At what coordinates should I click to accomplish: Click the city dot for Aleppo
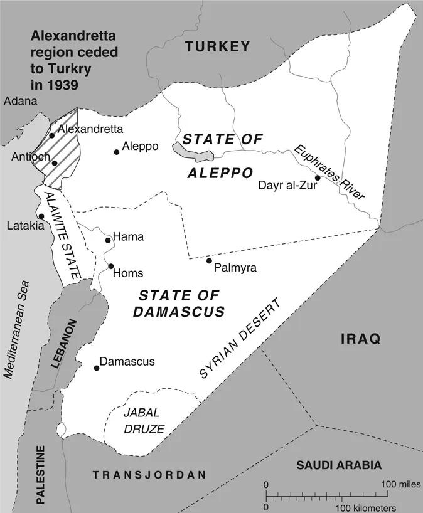coord(116,152)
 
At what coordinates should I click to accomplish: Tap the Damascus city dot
coord(96,368)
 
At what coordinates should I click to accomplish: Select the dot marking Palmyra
coord(209,261)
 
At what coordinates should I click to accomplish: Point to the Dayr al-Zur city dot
coord(318,178)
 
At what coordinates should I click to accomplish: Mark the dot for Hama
coord(108,240)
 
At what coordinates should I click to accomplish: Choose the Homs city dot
coord(110,267)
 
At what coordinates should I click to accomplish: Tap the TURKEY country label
coord(218,46)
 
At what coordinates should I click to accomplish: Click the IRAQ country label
coord(360,339)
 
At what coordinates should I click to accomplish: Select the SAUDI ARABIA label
coord(339,465)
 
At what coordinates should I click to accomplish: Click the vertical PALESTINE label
coord(41,475)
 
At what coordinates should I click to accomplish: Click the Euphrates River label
coord(329,172)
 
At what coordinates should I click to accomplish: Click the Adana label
coord(20,101)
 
